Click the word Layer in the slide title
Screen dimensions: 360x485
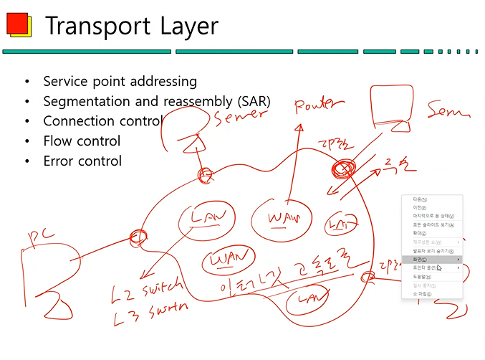(x=186, y=27)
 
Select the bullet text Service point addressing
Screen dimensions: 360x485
(x=120, y=82)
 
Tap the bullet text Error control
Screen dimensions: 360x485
(x=82, y=161)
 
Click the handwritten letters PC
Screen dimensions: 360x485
(x=39, y=236)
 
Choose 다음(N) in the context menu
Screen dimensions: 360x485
(x=415, y=199)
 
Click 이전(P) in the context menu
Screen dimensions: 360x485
(x=415, y=207)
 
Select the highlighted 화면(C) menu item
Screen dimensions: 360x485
(x=416, y=259)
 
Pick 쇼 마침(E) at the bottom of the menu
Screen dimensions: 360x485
(x=417, y=294)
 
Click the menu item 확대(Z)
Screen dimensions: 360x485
(x=415, y=233)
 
